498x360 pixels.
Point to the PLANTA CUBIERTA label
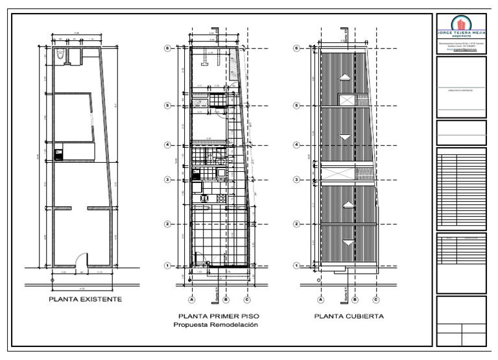click(349, 317)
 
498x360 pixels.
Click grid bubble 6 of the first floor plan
click(167, 48)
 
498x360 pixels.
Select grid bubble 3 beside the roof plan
click(297, 180)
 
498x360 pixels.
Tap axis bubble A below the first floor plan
click(192, 300)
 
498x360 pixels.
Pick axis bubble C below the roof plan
click(375, 300)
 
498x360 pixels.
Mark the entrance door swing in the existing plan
click(81, 260)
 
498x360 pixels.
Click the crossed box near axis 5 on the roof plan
click(348, 100)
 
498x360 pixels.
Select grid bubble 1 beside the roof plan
click(297, 265)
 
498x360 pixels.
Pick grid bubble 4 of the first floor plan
click(167, 145)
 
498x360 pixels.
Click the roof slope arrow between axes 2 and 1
click(349, 243)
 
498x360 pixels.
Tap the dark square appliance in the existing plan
click(58, 154)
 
